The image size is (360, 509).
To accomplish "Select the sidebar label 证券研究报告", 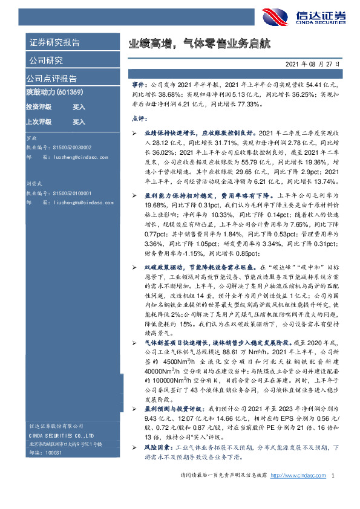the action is click(x=54, y=43).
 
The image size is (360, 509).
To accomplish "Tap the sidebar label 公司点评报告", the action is click(x=51, y=78).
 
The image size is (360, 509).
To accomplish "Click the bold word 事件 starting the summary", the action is click(x=139, y=86).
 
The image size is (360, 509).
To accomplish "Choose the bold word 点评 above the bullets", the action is click(x=139, y=119).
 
